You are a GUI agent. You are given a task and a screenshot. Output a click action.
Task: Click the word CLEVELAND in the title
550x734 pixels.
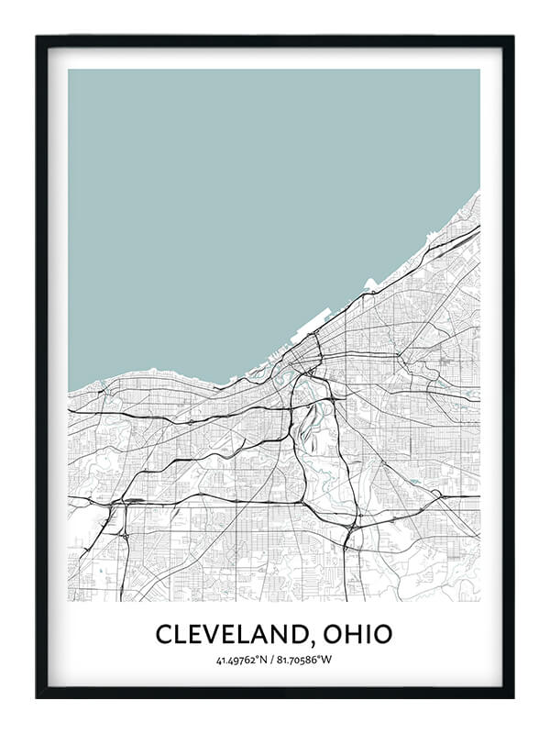coord(235,634)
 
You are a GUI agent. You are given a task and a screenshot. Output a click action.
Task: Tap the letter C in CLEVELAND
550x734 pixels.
coord(163,634)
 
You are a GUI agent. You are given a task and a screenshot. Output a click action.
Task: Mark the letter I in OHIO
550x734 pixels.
coord(369,634)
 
